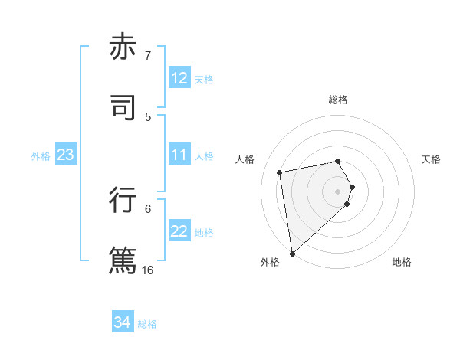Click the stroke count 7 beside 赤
[148, 55]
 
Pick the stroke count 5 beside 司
[148, 116]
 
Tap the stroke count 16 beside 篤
[148, 270]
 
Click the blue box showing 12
[179, 78]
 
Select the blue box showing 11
[179, 155]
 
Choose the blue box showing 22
[179, 231]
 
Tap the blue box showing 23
[66, 155]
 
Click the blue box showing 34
[123, 323]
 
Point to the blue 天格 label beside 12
[204, 79]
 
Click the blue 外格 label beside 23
[41, 155]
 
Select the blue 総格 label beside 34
[147, 324]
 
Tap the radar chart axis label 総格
[338, 100]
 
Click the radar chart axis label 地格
[402, 262]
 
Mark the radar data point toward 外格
[292, 253]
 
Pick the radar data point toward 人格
[280, 172]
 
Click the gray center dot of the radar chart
[338, 191]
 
